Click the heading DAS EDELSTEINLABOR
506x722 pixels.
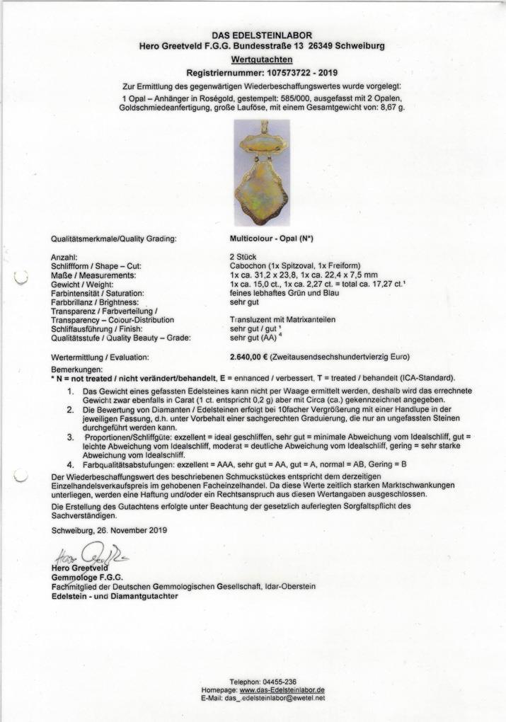(262, 35)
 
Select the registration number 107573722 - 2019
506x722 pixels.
(293, 73)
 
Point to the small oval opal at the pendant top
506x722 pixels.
(261, 145)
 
